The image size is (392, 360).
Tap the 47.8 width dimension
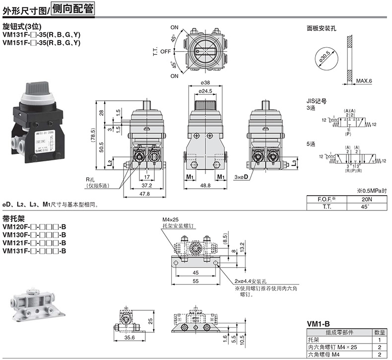(x=145, y=195)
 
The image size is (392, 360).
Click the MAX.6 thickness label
(x=364, y=81)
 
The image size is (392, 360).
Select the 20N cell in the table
(x=364, y=200)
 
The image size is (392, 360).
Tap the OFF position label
(x=165, y=52)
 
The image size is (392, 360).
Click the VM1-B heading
(x=318, y=323)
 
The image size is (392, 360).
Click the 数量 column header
(x=380, y=332)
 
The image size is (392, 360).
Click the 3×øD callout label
(x=242, y=176)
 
